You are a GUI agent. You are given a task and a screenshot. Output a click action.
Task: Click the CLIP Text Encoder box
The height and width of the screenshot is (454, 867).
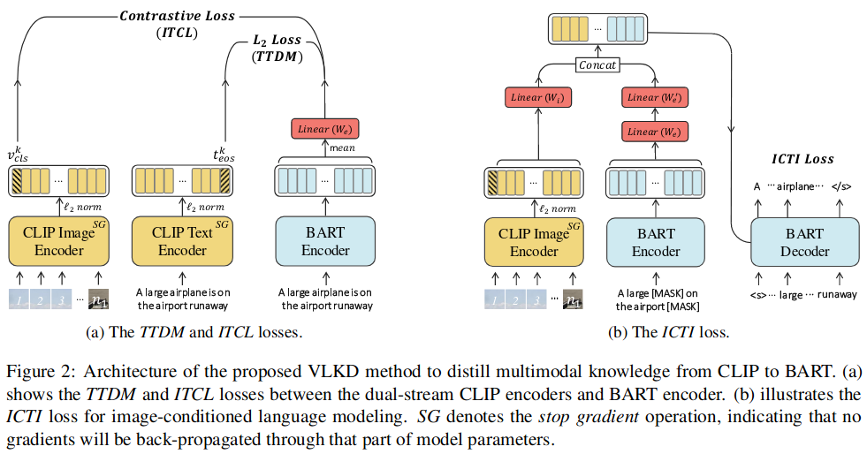point(182,239)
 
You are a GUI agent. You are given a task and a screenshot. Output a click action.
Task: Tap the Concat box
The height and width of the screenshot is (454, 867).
point(597,64)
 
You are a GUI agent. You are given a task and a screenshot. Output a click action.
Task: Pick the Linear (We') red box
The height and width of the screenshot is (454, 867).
point(655,98)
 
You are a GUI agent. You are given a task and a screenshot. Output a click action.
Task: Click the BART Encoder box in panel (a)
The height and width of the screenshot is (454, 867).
point(326,239)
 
